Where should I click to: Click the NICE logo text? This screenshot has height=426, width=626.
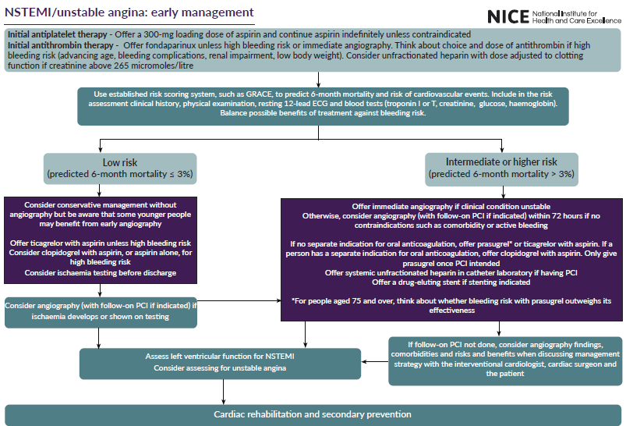click(508, 16)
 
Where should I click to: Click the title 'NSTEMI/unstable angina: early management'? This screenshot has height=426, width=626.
click(129, 12)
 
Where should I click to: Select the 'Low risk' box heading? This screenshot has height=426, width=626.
click(120, 162)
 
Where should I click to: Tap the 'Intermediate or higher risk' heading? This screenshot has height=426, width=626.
click(501, 162)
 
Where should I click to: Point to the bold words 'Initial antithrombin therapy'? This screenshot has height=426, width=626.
click(59, 45)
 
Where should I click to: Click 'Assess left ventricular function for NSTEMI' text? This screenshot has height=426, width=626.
click(224, 356)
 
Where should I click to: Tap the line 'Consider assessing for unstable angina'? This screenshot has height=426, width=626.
click(224, 367)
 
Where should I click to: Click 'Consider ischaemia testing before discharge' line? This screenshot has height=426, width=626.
click(100, 273)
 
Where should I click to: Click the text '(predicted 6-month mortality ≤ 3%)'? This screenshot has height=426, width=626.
click(120, 173)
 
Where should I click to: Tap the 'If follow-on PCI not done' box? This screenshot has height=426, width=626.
click(506, 359)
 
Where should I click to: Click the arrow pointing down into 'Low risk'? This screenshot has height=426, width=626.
click(99, 148)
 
